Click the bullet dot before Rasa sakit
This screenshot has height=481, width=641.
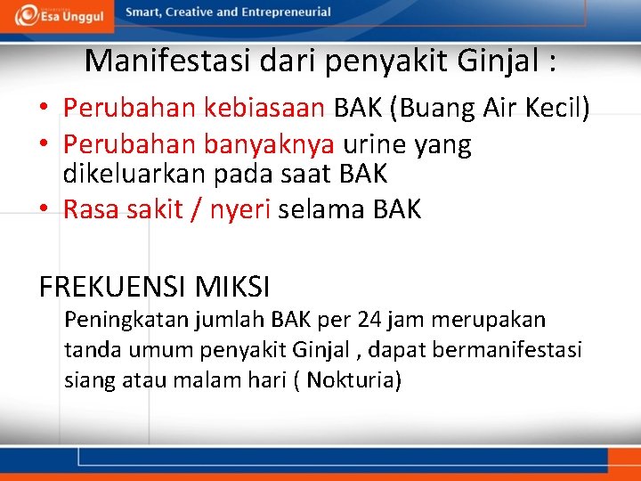[x=44, y=210]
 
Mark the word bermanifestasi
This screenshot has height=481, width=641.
[x=507, y=349]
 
